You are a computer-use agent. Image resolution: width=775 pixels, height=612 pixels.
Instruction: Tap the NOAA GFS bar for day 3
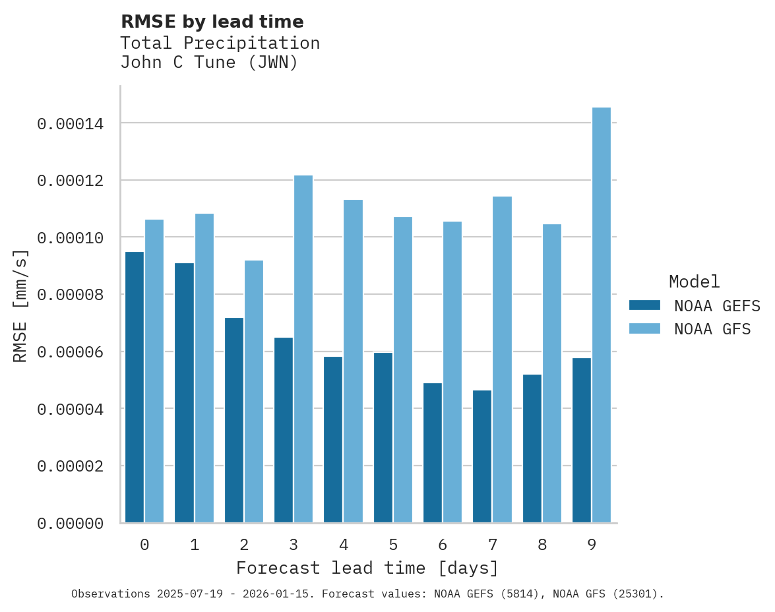click(303, 349)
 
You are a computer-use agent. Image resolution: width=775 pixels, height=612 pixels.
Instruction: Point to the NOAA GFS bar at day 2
click(254, 392)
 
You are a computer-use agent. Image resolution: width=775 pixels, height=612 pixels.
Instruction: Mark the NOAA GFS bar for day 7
click(502, 359)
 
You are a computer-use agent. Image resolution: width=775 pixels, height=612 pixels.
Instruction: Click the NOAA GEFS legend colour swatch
click(644, 305)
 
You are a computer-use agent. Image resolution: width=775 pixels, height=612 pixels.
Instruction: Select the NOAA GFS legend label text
click(712, 328)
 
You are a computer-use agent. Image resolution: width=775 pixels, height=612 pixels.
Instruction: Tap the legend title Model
click(694, 282)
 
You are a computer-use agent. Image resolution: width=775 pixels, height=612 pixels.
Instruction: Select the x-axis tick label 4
click(344, 545)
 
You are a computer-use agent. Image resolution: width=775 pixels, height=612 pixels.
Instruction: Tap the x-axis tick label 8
click(542, 545)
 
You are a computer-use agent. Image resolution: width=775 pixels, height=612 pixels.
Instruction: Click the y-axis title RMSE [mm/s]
click(20, 305)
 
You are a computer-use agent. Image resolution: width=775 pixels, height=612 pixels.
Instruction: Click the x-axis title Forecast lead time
click(367, 568)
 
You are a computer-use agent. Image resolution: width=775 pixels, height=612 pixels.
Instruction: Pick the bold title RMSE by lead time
click(212, 22)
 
